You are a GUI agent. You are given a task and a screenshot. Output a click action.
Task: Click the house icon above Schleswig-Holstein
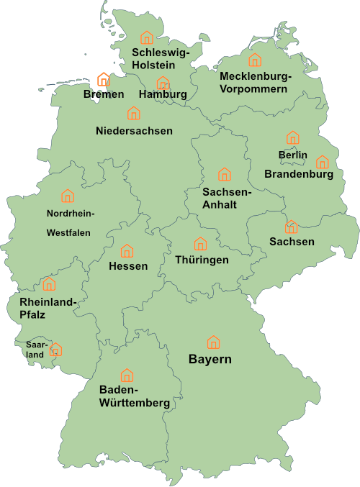tap(147, 37)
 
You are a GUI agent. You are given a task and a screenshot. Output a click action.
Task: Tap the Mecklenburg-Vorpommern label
tap(255, 83)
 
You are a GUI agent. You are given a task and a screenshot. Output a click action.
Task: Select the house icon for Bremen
tap(103, 79)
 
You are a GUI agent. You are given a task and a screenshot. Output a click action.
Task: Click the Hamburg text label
tap(163, 94)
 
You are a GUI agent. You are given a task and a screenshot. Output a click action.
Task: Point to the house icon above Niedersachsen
tap(133, 113)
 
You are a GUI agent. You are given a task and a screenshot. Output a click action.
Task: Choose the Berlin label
tap(292, 155)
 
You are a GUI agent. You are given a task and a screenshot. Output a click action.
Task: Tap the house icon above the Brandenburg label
tap(322, 162)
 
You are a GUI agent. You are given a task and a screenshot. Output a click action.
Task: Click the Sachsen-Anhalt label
tap(226, 199)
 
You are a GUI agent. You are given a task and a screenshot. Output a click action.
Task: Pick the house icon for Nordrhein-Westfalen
tap(68, 195)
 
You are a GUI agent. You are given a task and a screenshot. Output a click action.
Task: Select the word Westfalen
tap(68, 233)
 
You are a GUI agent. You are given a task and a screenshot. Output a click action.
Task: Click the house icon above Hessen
tap(127, 250)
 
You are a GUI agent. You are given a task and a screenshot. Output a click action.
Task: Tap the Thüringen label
tap(202, 260)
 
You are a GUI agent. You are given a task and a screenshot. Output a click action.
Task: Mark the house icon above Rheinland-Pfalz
tap(49, 283)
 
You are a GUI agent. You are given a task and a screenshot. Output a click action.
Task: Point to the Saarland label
tap(35, 349)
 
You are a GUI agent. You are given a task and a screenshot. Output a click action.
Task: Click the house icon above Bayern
tap(213, 342)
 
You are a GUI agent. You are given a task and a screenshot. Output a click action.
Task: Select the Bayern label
tap(210, 359)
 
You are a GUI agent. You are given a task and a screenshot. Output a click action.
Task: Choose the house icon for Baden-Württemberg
tap(127, 375)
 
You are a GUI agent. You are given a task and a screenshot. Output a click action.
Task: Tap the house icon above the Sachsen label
tap(291, 227)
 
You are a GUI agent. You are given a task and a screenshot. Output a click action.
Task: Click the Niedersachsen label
tap(134, 131)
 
